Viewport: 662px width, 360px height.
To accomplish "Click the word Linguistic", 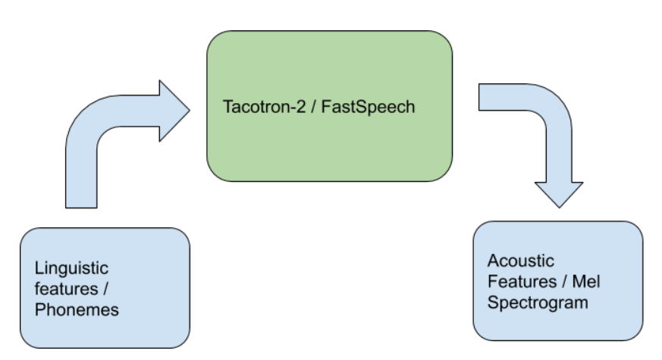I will (71, 268).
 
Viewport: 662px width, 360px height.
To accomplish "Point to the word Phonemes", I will (77, 310).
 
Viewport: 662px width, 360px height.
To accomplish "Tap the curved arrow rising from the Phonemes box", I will (91, 136).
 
